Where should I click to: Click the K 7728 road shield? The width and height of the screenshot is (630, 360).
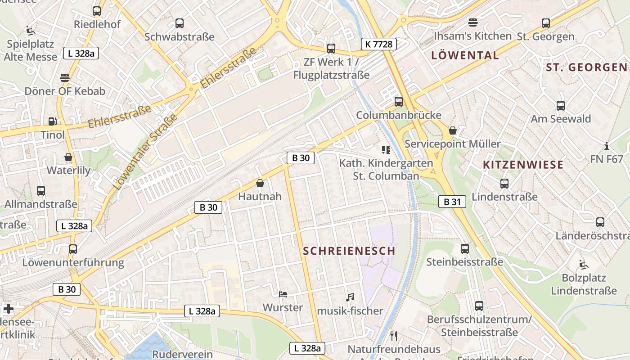tap(378, 44)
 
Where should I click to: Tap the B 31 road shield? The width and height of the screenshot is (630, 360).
tap(452, 202)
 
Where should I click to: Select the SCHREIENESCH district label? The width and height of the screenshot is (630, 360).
tap(349, 251)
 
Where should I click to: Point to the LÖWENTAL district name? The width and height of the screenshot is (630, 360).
tap(465, 55)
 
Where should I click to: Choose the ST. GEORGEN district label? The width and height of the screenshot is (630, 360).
tap(586, 67)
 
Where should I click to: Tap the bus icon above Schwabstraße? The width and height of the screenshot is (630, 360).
tap(180, 23)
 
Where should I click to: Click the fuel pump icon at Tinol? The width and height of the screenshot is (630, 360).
tap(53, 121)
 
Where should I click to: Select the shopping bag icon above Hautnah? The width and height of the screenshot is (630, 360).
tap(260, 183)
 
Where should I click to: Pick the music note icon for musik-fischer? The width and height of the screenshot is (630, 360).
tap(350, 297)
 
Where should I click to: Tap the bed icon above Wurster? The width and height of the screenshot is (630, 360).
tap(283, 294)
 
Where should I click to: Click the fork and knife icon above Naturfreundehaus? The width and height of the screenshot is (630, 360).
tap(394, 336)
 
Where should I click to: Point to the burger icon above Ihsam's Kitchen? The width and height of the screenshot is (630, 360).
tap(472, 22)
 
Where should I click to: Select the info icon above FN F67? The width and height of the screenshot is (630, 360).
tap(607, 146)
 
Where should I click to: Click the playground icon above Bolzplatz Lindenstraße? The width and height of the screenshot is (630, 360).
tap(584, 264)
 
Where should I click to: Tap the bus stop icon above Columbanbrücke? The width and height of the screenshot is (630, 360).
tap(398, 102)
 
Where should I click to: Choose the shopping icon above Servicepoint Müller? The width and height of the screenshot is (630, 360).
tap(453, 130)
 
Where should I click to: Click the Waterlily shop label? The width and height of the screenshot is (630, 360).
tap(68, 171)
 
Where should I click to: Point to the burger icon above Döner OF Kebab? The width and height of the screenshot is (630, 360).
tap(65, 77)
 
